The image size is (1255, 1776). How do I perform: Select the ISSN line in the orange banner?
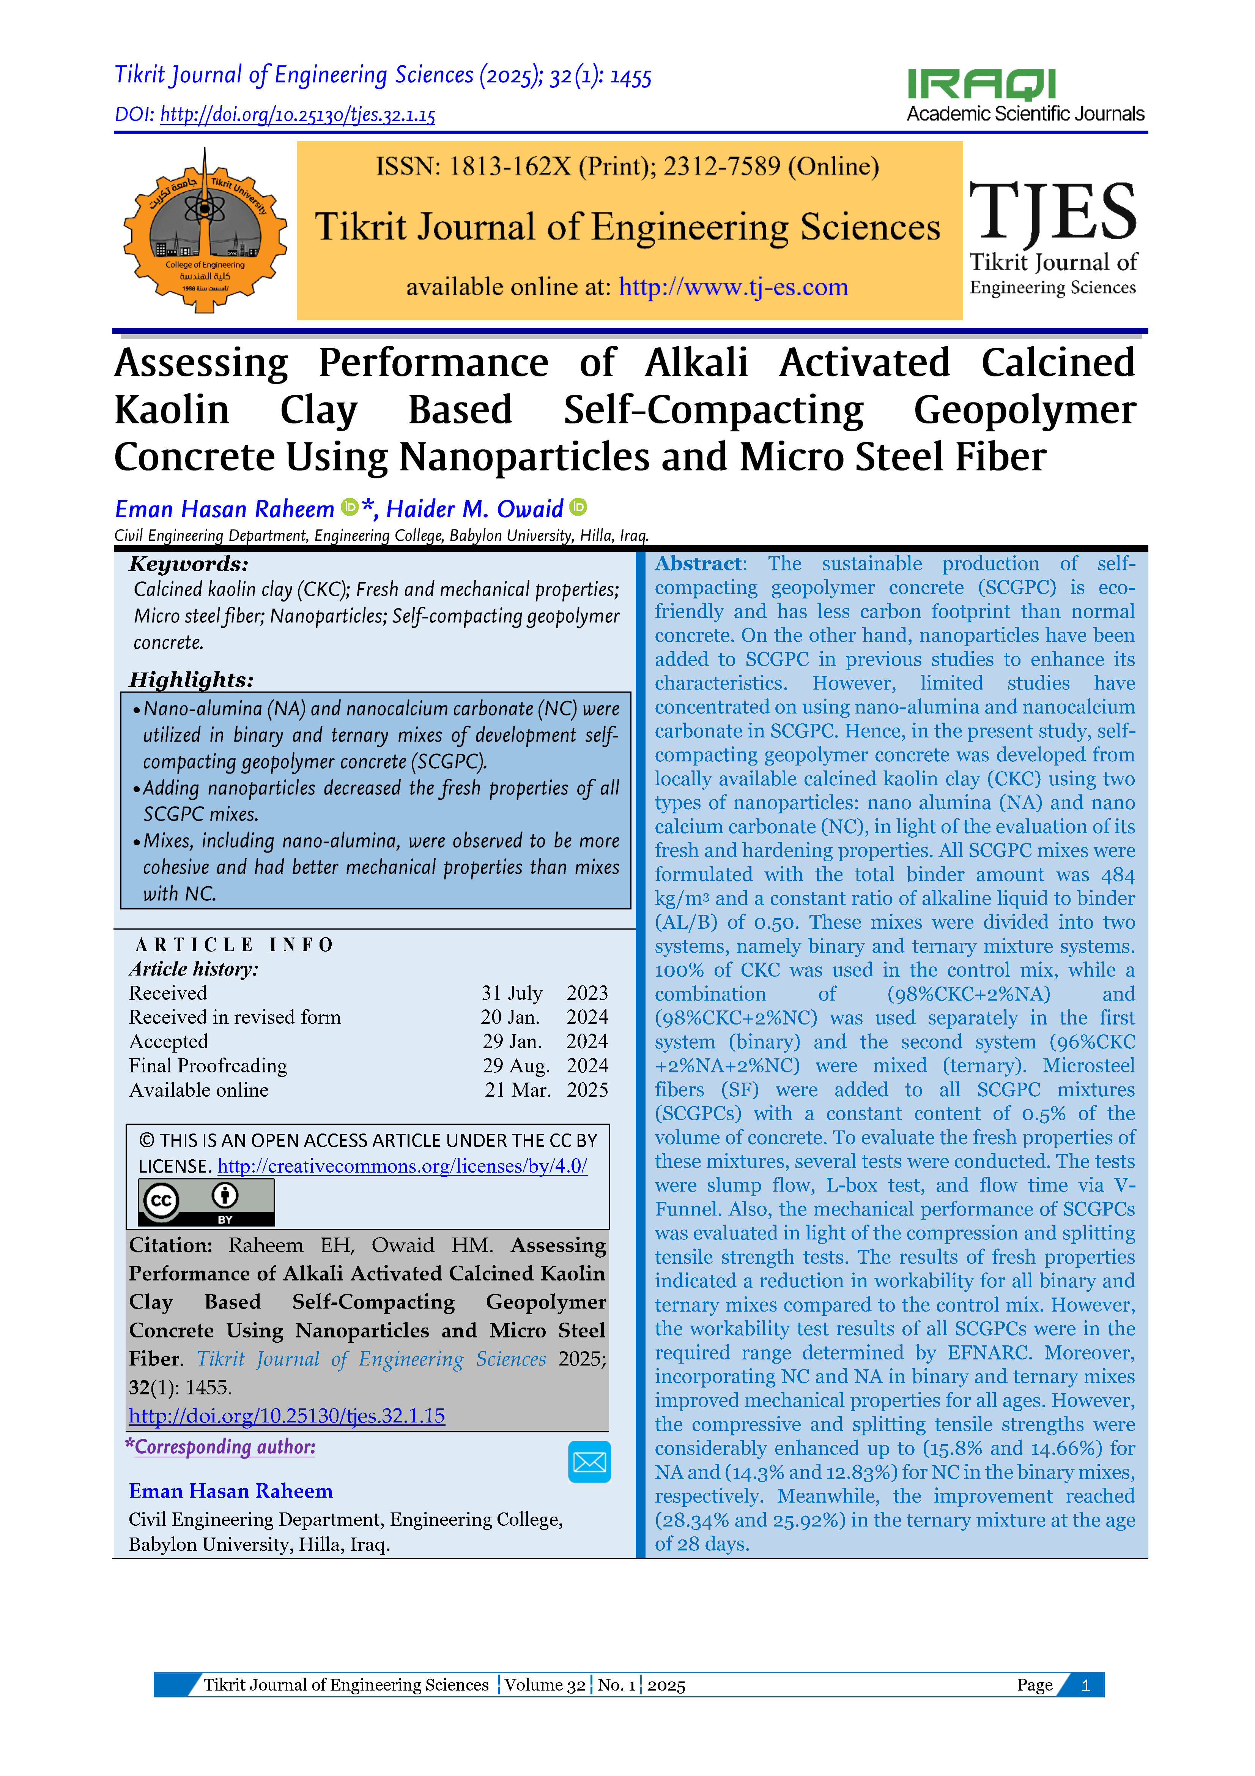pos(627,166)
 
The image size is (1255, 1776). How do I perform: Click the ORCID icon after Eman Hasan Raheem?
pos(350,507)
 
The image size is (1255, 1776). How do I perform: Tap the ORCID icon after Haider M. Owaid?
pos(578,507)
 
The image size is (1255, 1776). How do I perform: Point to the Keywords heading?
pos(189,564)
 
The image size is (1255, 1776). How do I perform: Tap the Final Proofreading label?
pos(208,1066)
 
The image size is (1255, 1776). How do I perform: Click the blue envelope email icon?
pos(589,1461)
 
